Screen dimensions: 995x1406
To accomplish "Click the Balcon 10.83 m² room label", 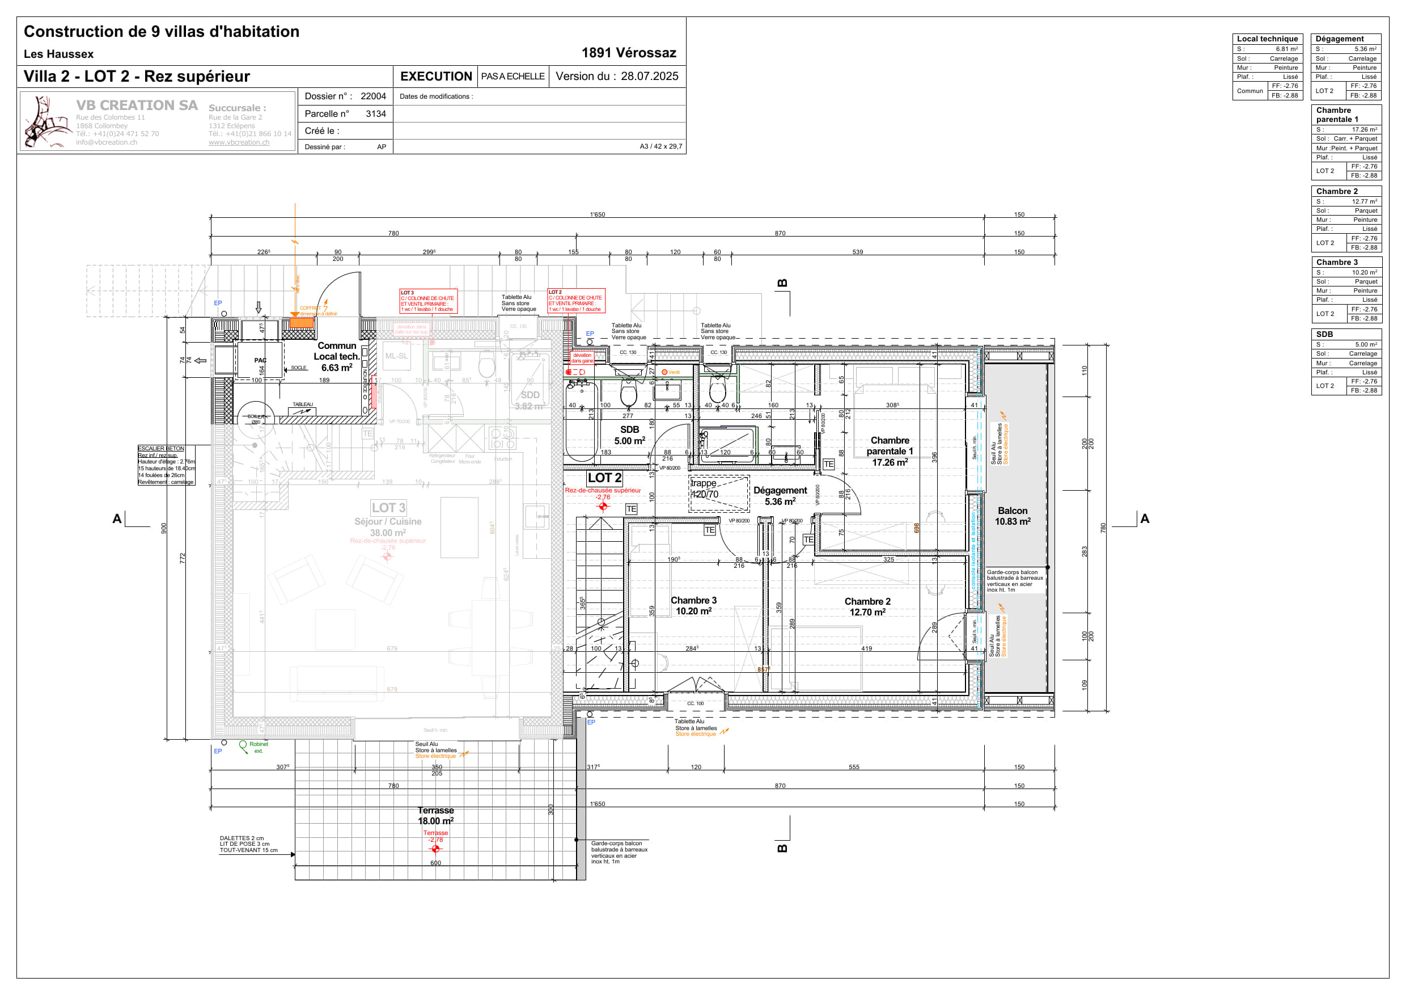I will click(x=1012, y=516).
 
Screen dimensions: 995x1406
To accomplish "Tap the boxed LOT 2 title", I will click(x=604, y=478).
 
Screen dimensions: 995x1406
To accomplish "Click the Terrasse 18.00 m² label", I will click(x=435, y=816).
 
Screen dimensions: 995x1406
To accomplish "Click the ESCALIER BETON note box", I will click(x=166, y=465).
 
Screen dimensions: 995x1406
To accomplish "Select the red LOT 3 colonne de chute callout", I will click(x=427, y=301).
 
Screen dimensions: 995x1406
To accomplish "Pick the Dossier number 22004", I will click(x=373, y=96).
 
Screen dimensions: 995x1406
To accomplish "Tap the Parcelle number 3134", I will click(x=375, y=113).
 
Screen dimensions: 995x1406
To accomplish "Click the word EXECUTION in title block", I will click(x=435, y=76).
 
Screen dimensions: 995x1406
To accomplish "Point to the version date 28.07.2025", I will click(x=649, y=76).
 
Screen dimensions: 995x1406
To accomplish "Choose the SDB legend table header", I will click(x=1324, y=334).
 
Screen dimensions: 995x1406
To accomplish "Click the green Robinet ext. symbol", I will click(x=243, y=745).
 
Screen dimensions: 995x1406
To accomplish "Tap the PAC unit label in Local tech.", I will click(x=260, y=360).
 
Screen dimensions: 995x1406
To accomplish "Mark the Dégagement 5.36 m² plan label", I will click(x=780, y=496).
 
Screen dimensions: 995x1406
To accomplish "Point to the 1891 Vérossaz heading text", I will click(x=628, y=53).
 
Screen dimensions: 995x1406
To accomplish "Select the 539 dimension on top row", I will click(x=857, y=252).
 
